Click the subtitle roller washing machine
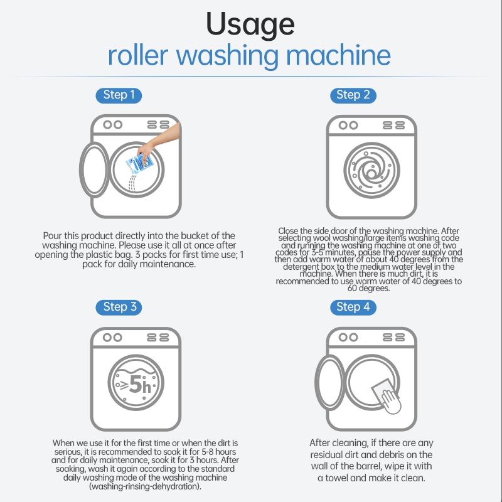point(249,55)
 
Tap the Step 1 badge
point(119,95)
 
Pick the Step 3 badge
point(119,307)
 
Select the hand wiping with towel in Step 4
point(390,400)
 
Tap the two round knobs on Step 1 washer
point(112,125)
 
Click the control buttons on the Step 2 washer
point(393,125)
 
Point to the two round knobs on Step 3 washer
point(112,337)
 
